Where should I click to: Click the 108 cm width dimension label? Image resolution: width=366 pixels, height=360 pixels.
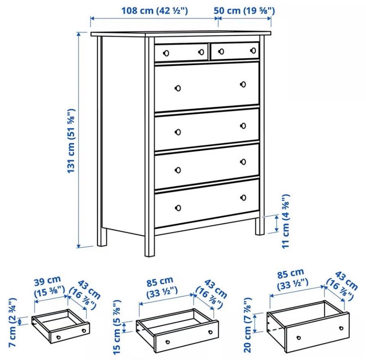[154, 11]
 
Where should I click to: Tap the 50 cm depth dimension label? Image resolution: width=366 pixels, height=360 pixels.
[244, 11]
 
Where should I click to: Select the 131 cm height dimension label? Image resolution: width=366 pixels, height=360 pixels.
[71, 141]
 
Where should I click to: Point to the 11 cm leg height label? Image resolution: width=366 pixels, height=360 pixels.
[286, 221]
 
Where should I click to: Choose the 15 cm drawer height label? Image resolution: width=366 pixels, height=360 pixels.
[117, 327]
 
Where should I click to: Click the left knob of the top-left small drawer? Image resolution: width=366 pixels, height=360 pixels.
[166, 53]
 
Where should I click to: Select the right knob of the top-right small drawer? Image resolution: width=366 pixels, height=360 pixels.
[253, 50]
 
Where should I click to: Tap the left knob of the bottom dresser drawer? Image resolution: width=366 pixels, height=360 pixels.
[178, 208]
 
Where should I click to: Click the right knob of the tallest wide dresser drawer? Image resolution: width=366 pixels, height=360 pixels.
[243, 84]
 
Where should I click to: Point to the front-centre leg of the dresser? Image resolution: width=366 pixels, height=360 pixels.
[149, 245]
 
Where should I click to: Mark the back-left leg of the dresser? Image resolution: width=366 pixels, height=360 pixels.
[102, 237]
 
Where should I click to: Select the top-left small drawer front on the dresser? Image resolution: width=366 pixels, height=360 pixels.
[181, 52]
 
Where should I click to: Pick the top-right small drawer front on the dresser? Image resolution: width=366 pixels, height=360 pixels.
[235, 51]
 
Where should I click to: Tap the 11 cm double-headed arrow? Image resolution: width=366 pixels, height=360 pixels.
[277, 224]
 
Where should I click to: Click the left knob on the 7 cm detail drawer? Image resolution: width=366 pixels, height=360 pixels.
[58, 338]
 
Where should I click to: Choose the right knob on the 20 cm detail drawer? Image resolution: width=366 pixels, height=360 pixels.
[341, 328]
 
